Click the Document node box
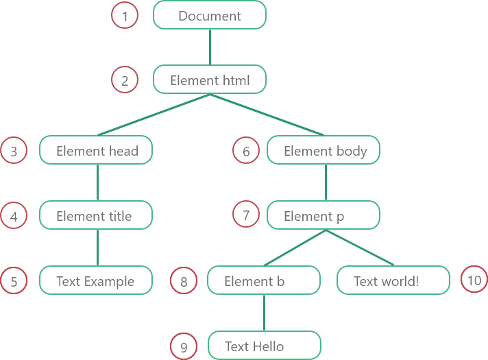(210, 15)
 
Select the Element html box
(210, 80)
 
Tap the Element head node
(96, 149)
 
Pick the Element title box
(96, 215)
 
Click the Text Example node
(96, 280)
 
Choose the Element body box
(324, 149)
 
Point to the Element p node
(324, 215)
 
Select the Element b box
(264, 280)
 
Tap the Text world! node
(393, 280)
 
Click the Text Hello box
(265, 346)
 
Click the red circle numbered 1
(125, 15)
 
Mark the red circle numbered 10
(474, 279)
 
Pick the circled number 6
(246, 150)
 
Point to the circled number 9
(184, 346)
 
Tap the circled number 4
(14, 215)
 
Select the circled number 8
(184, 280)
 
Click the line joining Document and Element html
(210, 47)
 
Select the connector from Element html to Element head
(154, 115)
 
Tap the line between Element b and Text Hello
(265, 313)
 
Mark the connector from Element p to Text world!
(359, 248)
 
